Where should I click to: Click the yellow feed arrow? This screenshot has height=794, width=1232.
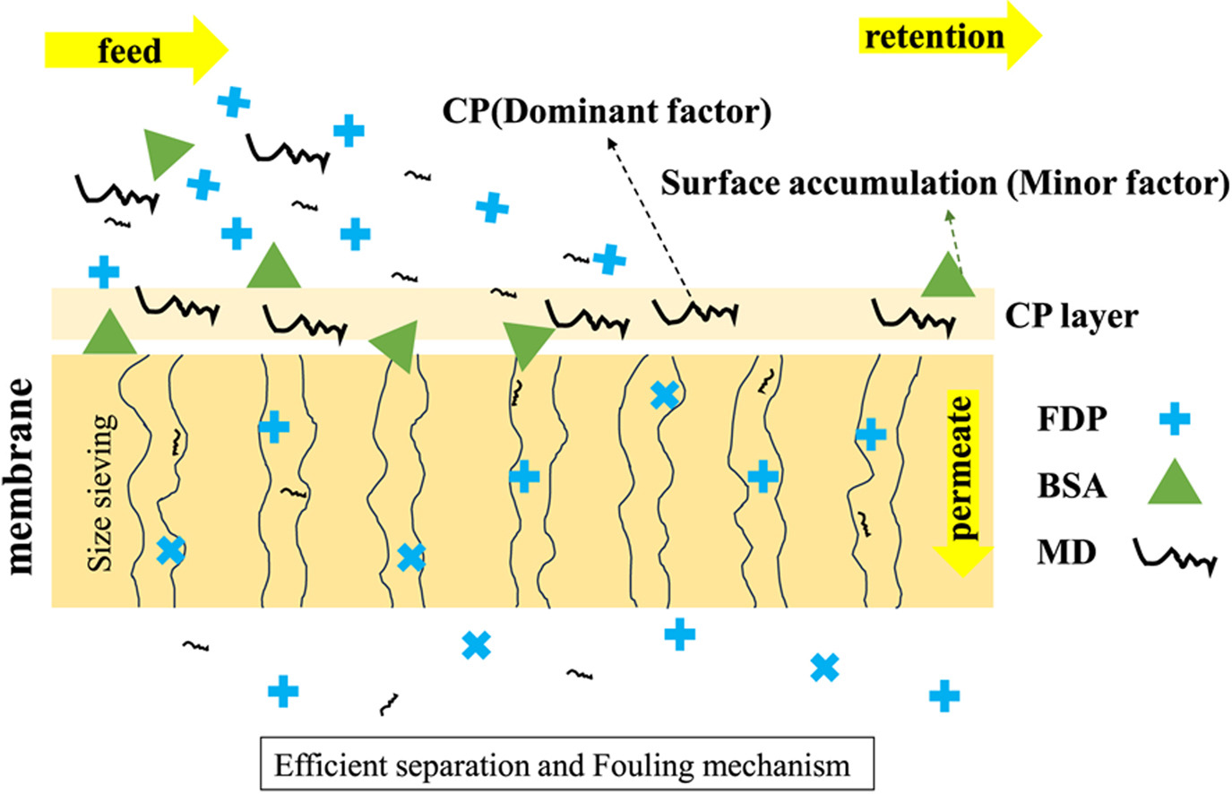134,50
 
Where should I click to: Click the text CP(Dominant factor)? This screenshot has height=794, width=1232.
607,112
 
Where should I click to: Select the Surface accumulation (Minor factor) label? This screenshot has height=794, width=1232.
944,183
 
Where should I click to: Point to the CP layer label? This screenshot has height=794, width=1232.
1071,315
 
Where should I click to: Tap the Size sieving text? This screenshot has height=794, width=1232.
102,492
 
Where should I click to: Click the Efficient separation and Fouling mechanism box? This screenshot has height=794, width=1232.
566,764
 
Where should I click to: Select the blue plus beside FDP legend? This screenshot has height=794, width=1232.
1174,419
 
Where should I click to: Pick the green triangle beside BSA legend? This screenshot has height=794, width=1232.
1174,485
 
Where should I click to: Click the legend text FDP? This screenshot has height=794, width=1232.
1072,419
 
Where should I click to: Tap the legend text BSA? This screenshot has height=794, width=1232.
1072,486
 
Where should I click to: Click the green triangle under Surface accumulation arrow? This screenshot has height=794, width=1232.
947,277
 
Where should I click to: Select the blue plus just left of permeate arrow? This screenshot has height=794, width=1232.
870,436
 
